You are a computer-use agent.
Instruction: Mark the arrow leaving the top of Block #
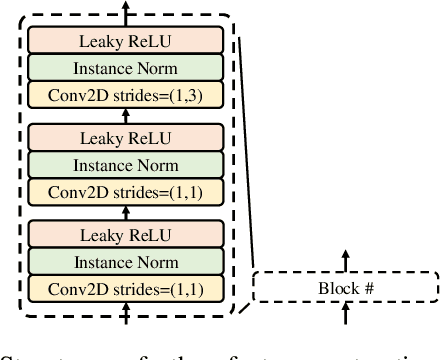click(346, 260)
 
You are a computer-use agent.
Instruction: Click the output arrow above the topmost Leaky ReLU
click(126, 10)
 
